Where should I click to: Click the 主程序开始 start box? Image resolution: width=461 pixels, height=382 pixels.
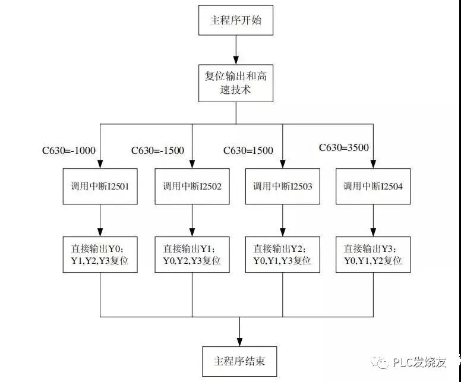(236, 21)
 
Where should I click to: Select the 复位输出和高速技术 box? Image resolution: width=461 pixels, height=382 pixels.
(236, 83)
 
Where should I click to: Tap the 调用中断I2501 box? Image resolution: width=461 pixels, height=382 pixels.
(100, 187)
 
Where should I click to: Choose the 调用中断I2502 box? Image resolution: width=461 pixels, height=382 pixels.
(192, 187)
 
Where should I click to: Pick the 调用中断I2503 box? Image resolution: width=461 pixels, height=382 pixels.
(282, 187)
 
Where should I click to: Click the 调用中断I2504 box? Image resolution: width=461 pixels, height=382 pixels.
(372, 187)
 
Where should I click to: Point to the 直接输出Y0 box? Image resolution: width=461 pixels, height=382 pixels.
(100, 254)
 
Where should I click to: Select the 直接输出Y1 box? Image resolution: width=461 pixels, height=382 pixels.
(192, 254)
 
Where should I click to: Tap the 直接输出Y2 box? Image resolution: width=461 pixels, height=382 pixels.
(282, 254)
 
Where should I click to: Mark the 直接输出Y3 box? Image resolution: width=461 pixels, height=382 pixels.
(372, 254)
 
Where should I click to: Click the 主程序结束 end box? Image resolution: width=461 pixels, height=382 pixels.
(239, 361)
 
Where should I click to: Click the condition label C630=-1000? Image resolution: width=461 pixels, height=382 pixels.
(69, 151)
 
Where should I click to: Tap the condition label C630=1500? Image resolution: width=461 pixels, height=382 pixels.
(249, 151)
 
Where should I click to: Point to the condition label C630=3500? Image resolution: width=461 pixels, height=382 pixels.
(344, 147)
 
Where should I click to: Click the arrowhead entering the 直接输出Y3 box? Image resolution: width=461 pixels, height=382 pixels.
(372, 232)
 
